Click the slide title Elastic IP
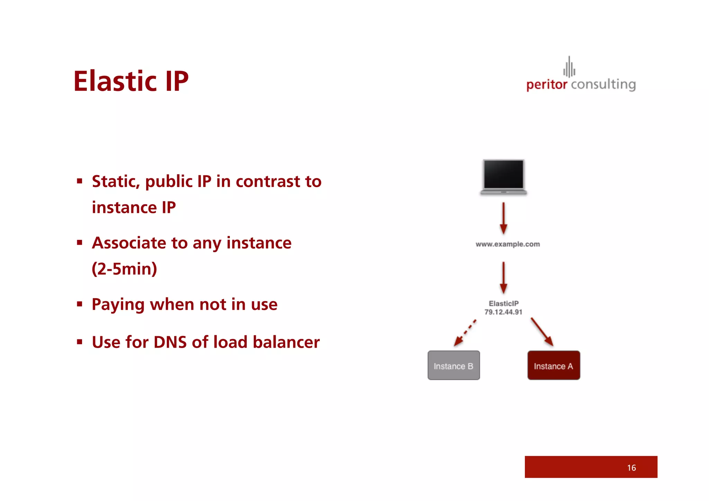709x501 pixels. tap(131, 81)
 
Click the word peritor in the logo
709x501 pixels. tap(547, 85)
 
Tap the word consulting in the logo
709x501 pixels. tap(603, 85)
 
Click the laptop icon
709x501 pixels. tap(504, 177)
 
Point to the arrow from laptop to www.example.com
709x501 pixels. tap(504, 218)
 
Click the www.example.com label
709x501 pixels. tap(508, 244)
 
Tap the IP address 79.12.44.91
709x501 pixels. tap(503, 312)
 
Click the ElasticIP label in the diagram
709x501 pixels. tap(504, 303)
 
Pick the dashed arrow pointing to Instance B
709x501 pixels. tap(465, 333)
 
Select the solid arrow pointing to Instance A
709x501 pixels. tap(542, 332)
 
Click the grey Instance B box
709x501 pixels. tap(454, 366)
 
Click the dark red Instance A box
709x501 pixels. tap(554, 366)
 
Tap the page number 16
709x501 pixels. tap(631, 468)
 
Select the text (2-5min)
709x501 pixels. tap(124, 269)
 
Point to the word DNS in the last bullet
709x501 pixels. tap(170, 342)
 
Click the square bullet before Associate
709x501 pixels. tap(80, 243)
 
